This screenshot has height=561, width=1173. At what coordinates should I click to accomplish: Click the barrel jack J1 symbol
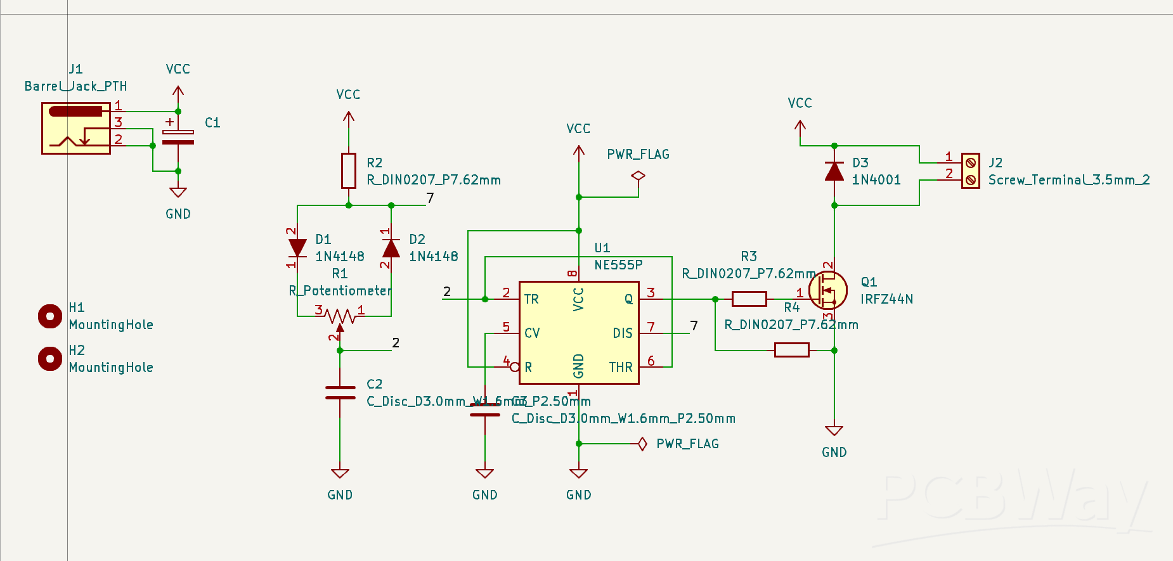click(76, 128)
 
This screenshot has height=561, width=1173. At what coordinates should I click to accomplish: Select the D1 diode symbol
click(297, 248)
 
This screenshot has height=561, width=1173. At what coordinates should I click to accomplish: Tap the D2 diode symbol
click(391, 248)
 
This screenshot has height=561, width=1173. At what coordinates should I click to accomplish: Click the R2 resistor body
click(348, 171)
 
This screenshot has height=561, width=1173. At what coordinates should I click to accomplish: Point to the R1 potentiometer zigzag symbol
click(340, 315)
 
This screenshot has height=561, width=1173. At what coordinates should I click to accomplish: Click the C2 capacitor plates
click(340, 392)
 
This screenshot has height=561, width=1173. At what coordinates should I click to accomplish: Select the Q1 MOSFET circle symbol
click(828, 291)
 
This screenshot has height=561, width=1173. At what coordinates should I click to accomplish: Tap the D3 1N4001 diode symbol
click(834, 172)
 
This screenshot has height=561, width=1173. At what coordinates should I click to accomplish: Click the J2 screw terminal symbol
click(970, 171)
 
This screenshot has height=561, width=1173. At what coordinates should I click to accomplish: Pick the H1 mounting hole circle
click(50, 316)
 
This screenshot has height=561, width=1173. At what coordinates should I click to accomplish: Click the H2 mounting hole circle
click(50, 359)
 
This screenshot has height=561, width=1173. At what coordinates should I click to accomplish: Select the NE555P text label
click(618, 265)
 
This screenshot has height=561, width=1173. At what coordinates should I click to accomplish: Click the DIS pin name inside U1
click(622, 333)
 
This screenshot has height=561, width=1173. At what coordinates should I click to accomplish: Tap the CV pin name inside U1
click(532, 333)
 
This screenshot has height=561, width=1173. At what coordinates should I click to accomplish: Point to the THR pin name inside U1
click(621, 368)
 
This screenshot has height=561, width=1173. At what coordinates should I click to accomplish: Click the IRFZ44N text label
click(886, 299)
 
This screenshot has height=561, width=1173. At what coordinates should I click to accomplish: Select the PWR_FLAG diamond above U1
click(638, 176)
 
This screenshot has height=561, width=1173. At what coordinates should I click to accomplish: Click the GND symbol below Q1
click(834, 432)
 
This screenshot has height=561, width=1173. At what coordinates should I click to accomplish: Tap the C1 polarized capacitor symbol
click(178, 137)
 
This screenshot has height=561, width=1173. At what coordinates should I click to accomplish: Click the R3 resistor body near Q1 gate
click(749, 299)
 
